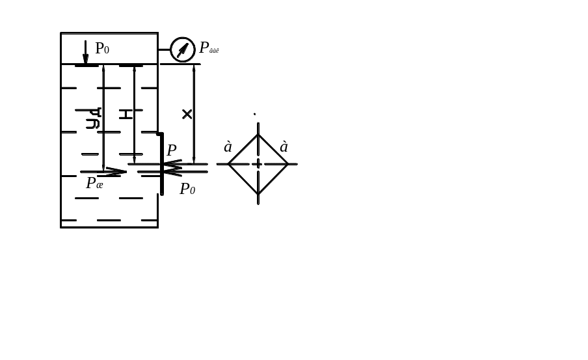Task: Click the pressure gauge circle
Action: [183, 49]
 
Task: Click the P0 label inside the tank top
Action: [102, 48]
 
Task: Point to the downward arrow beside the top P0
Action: [85, 52]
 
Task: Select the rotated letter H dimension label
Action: [126, 114]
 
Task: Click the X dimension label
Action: [187, 115]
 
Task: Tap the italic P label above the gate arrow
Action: [172, 150]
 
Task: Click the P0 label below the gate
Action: [187, 189]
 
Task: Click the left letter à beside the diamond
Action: [228, 148]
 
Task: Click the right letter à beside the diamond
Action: [284, 148]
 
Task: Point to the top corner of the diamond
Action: [258, 135]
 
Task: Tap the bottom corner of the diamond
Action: [258, 193]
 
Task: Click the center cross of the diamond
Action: [258, 164]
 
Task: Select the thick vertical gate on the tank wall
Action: [162, 163]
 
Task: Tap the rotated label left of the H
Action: [94, 118]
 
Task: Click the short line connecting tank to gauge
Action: [164, 49]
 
